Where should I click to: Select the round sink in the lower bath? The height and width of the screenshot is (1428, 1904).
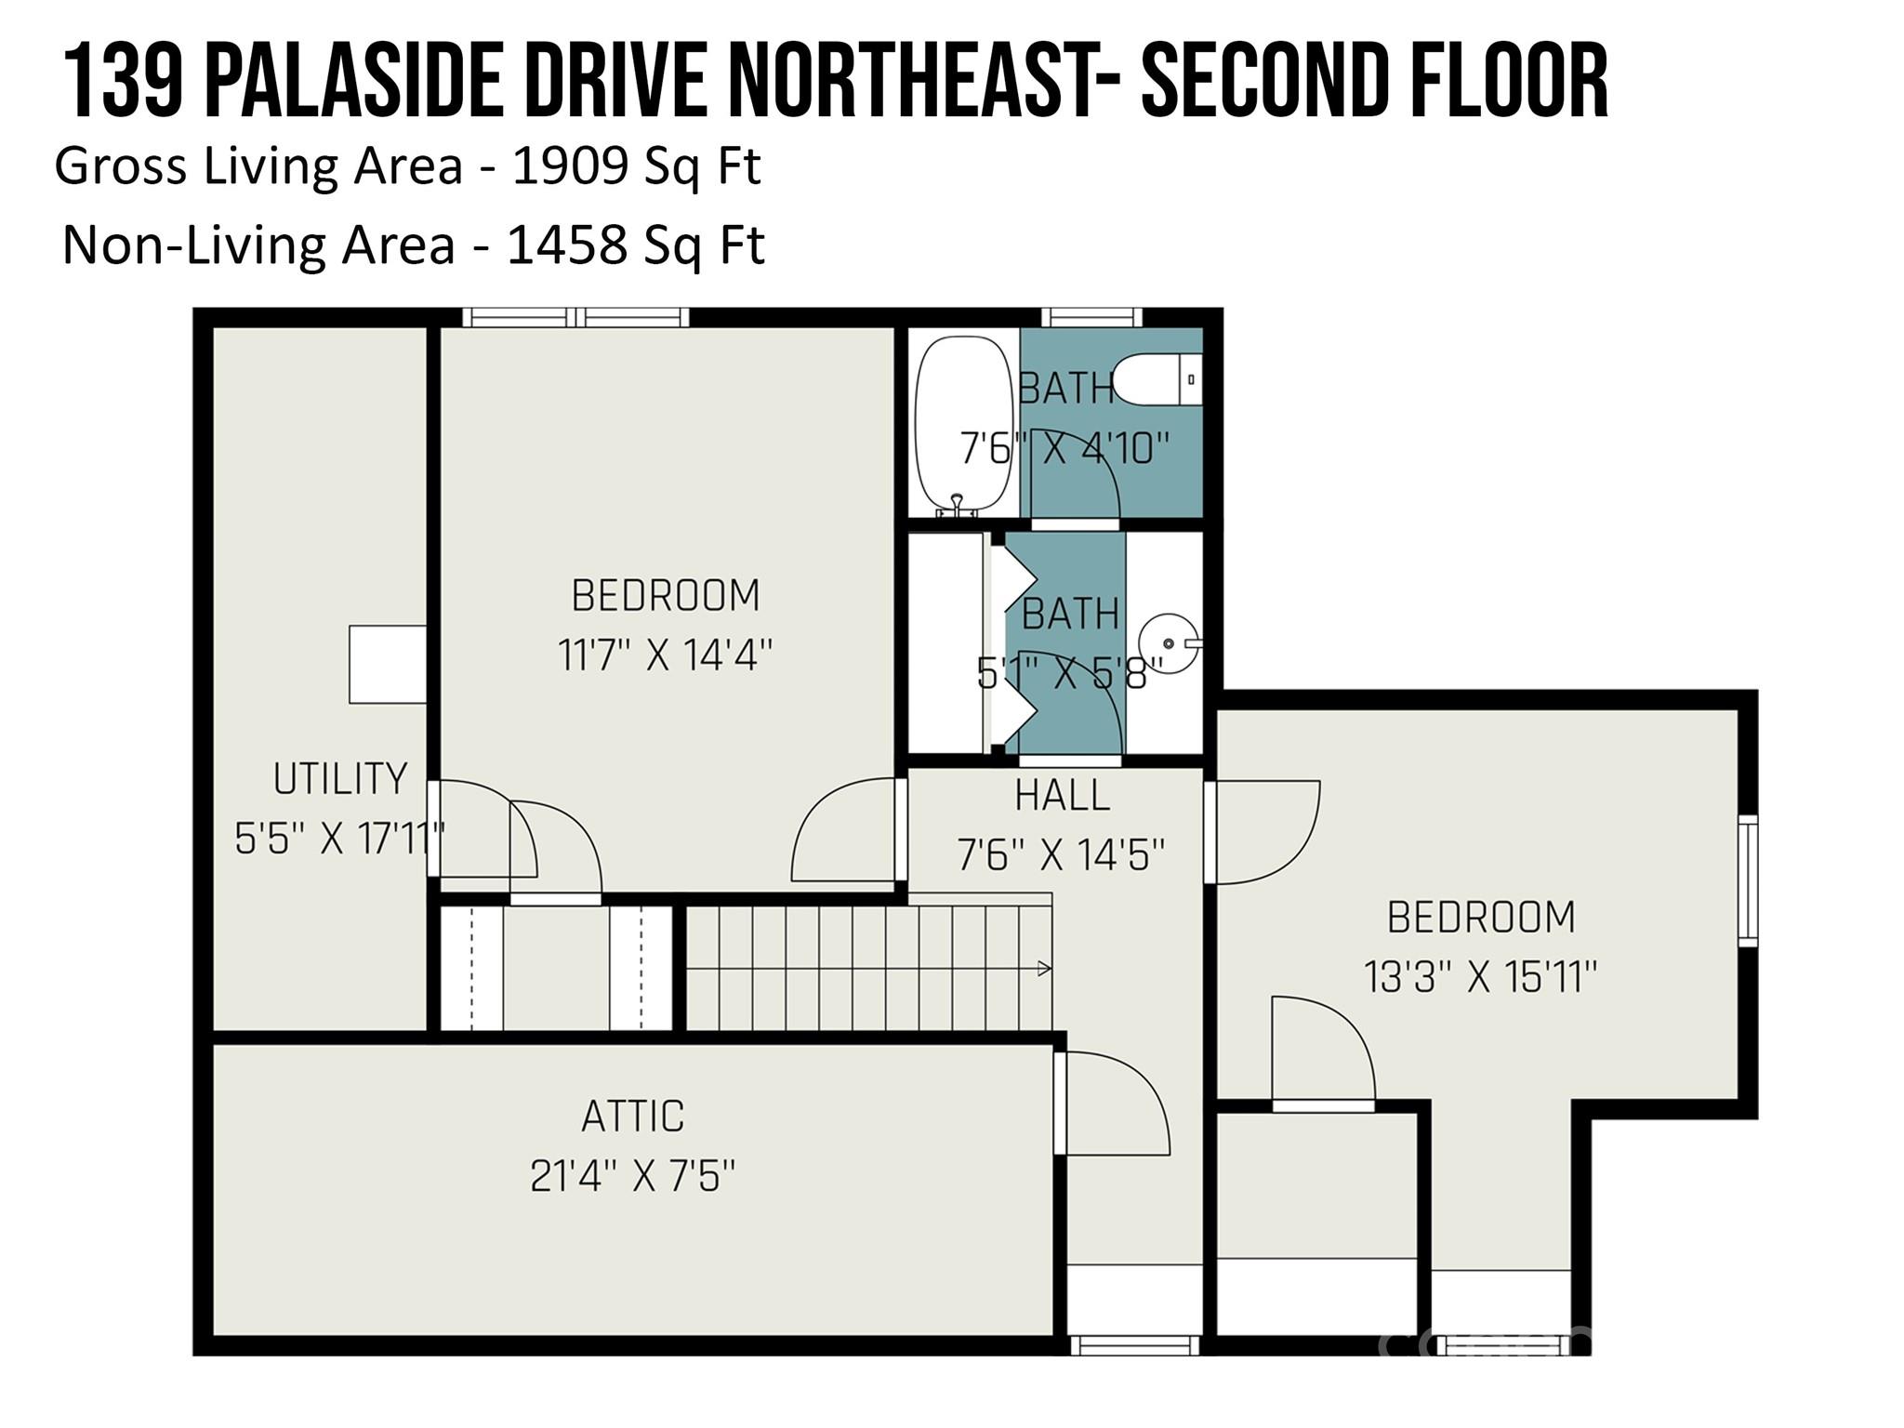pos(1170,643)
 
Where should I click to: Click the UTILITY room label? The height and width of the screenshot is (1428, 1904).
pos(340,778)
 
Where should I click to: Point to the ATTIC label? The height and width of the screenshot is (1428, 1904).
pos(633,1117)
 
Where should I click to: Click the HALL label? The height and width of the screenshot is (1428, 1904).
pos(1063,795)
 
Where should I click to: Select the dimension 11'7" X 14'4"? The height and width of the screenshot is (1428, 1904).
pos(666,654)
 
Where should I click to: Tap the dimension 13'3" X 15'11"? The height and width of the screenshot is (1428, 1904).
pos(1481,977)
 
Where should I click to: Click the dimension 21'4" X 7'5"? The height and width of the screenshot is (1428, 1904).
pos(633,1176)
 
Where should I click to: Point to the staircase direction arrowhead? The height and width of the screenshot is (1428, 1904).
pos(1045,969)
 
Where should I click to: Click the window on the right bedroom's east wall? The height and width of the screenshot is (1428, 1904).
pos(1748,880)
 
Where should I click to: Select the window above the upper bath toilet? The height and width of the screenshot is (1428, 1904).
pos(1091,317)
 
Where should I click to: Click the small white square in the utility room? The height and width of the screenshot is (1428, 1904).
pos(388,664)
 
